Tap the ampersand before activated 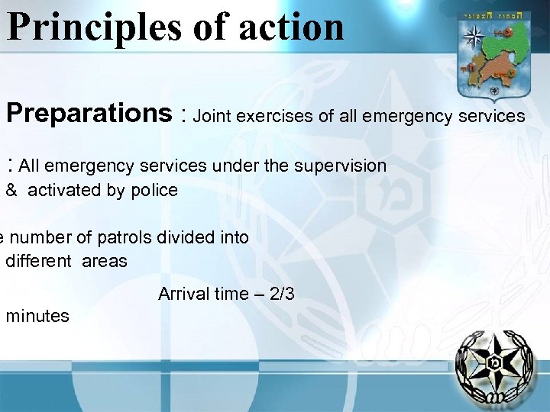click(x=12, y=190)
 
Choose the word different click(x=38, y=261)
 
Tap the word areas click(x=105, y=261)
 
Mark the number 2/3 click(x=279, y=294)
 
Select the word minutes click(x=37, y=316)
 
